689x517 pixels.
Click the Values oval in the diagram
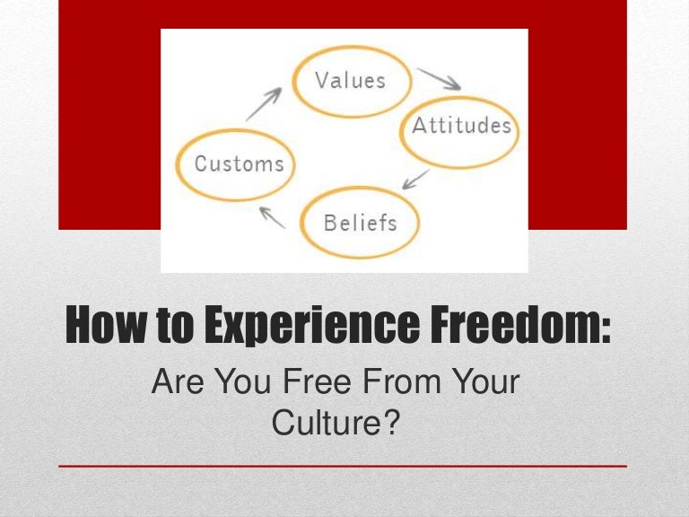click(x=350, y=79)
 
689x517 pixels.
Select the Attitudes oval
click(x=460, y=126)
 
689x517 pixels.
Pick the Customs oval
click(x=239, y=163)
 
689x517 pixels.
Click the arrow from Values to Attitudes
click(x=440, y=77)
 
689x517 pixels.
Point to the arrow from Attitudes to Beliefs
click(x=414, y=180)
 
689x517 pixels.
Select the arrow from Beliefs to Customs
click(x=273, y=215)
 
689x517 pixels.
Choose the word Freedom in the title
click(x=523, y=326)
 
